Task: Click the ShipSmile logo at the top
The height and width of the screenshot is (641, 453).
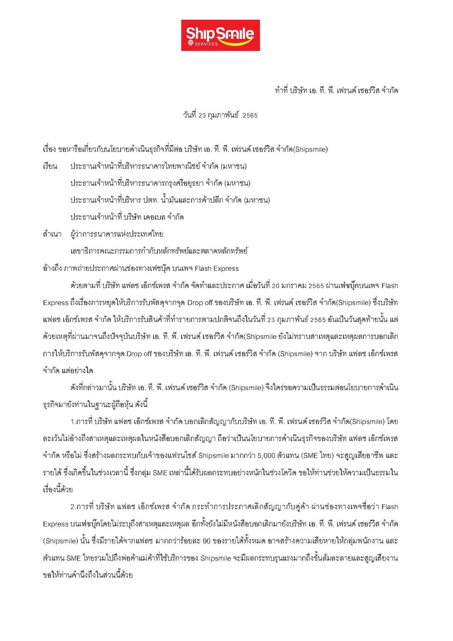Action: pyautogui.click(x=220, y=35)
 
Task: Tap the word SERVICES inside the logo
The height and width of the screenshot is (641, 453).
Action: pyautogui.click(x=206, y=44)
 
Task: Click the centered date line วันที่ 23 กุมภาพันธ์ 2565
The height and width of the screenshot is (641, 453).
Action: pyautogui.click(x=220, y=115)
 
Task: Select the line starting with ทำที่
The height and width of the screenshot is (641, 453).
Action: pyautogui.click(x=336, y=91)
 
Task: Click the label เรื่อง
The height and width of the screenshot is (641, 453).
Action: pyautogui.click(x=49, y=150)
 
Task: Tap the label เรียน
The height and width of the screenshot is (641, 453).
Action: pyautogui.click(x=50, y=166)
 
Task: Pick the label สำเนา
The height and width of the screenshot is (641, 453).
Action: pyautogui.click(x=52, y=234)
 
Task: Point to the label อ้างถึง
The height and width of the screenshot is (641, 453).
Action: pyautogui.click(x=52, y=268)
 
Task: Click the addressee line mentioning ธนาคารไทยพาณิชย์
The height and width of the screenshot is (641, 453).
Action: pyautogui.click(x=158, y=166)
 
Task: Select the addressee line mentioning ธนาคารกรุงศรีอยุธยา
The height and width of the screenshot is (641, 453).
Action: pyautogui.click(x=160, y=183)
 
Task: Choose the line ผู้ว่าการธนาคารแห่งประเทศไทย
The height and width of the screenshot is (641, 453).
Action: pyautogui.click(x=117, y=234)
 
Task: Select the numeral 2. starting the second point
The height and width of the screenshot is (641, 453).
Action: pyautogui.click(x=73, y=507)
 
